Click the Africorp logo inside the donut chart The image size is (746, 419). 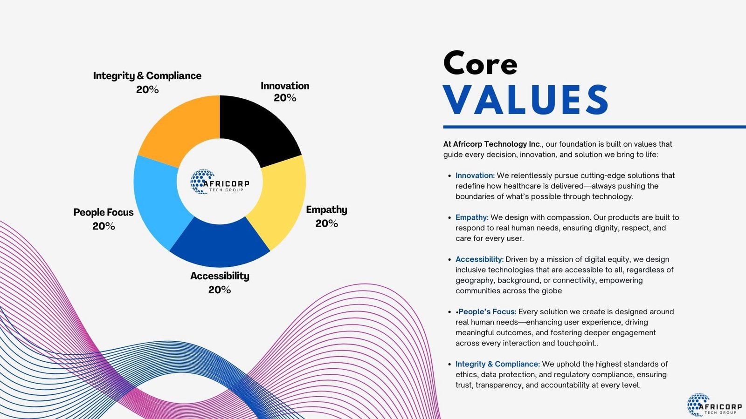tap(220, 182)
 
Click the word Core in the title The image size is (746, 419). tap(480, 63)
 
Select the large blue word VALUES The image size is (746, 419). tap(526, 100)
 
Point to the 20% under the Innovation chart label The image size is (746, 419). tap(285, 98)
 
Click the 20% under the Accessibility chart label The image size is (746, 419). tap(220, 290)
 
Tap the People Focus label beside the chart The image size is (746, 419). tap(103, 212)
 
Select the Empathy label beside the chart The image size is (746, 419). tap(326, 210)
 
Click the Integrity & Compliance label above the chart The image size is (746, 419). tap(147, 76)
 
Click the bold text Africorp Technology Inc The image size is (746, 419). tap(491, 144)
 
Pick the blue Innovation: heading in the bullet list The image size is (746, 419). tap(475, 175)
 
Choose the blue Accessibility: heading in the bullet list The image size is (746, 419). tap(480, 259)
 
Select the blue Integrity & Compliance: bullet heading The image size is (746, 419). tap(497, 364)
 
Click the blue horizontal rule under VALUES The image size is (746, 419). tap(594, 127)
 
